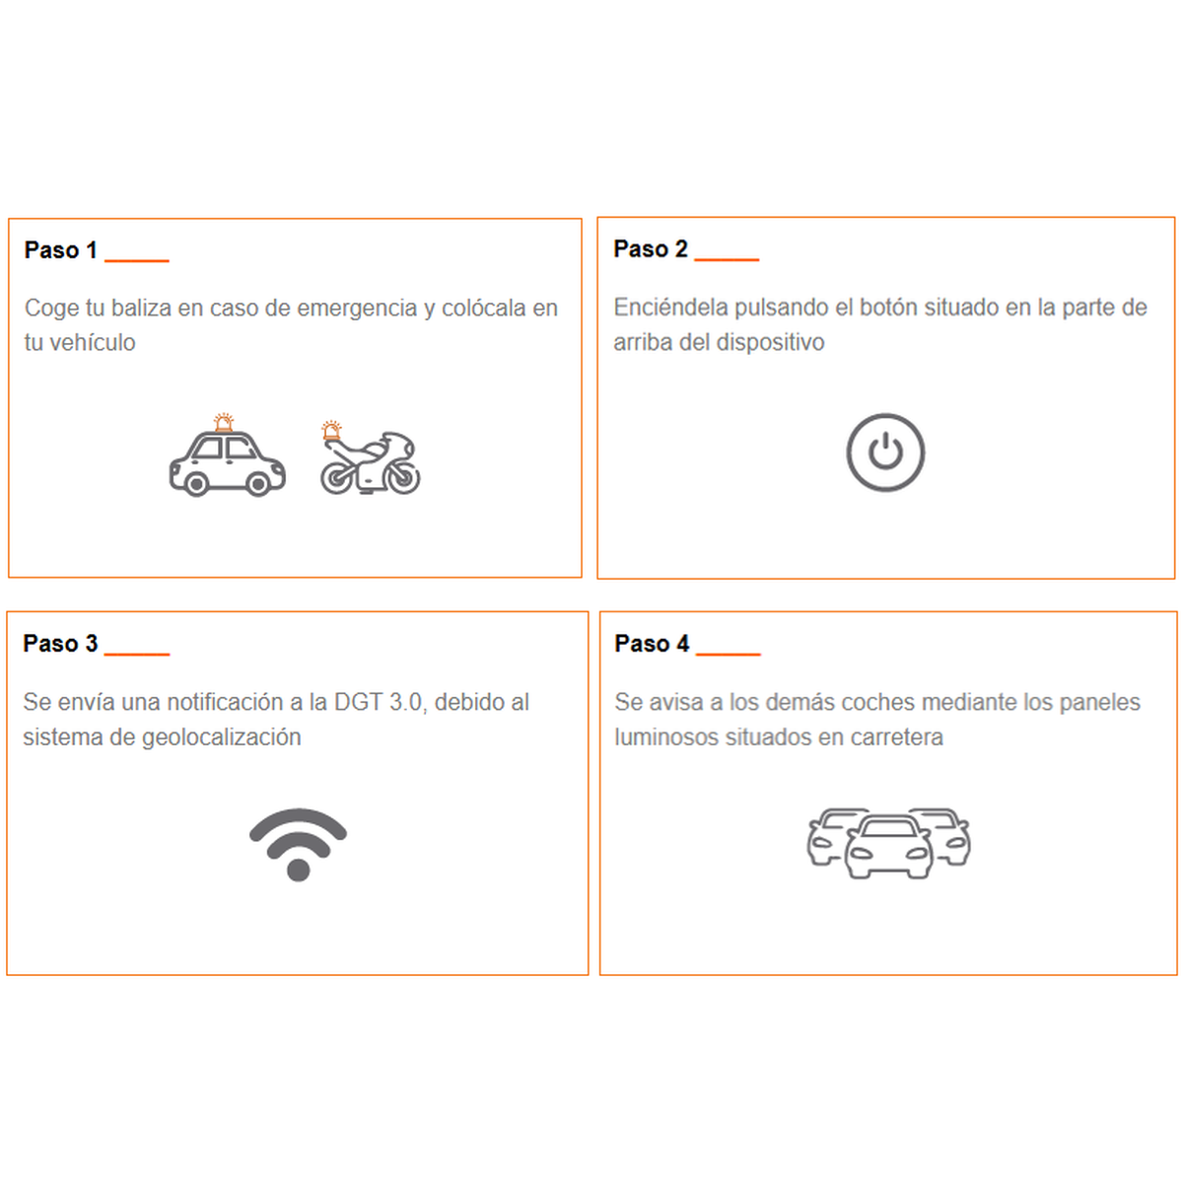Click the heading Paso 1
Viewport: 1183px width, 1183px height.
click(61, 250)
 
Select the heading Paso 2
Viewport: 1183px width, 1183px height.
click(650, 249)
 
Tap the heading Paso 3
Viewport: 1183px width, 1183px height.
click(60, 644)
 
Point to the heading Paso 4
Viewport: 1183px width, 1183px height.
click(652, 644)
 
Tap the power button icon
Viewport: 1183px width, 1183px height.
click(885, 452)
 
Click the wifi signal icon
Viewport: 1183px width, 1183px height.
click(298, 845)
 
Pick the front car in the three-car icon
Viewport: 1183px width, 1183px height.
click(888, 847)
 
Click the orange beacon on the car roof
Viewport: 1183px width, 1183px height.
click(224, 422)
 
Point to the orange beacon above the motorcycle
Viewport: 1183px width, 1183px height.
click(331, 430)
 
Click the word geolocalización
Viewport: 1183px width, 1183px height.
click(222, 737)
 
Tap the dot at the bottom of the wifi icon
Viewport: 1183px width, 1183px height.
click(299, 870)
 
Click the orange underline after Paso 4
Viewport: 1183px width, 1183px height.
click(729, 655)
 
